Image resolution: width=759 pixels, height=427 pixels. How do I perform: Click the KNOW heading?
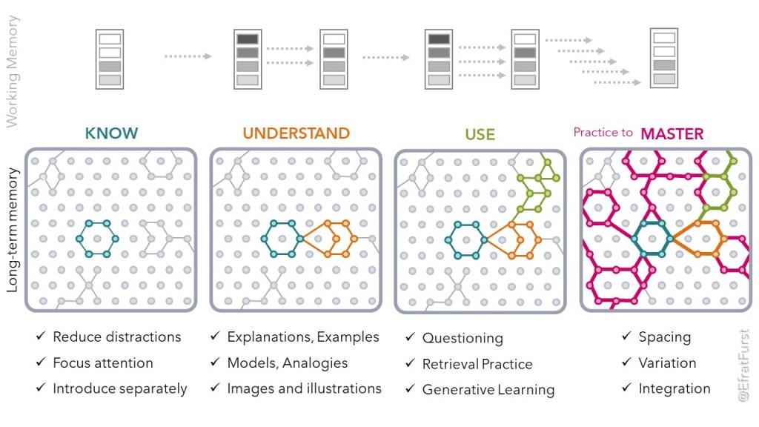tap(111, 134)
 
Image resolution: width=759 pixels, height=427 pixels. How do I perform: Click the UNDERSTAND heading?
tap(296, 134)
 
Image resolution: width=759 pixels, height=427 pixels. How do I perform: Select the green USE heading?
tap(480, 135)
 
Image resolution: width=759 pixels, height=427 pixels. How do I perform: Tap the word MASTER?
tap(672, 134)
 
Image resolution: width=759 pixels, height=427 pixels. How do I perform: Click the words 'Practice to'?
tap(603, 133)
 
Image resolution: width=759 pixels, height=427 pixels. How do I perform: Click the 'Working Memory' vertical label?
tap(13, 71)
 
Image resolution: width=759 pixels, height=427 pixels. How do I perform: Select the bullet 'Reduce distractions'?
tap(116, 337)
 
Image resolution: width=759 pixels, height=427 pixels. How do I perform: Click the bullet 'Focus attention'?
tap(102, 363)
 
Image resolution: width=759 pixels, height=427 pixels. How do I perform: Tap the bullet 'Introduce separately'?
tap(119, 388)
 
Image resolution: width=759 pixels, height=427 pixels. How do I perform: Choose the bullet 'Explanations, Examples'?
tap(302, 337)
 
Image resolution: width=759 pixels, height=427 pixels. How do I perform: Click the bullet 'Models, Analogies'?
tap(287, 363)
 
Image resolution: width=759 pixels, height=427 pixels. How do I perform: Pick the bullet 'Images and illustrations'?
tap(304, 388)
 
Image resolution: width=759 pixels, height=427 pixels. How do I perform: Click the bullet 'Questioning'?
tap(462, 338)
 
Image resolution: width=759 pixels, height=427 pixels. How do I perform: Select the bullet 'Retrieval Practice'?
tap(477, 364)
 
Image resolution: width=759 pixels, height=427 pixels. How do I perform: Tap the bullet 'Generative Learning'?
tap(488, 390)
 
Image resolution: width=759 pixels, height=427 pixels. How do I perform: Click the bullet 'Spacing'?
tap(664, 337)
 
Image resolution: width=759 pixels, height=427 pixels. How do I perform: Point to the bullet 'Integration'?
tap(674, 388)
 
